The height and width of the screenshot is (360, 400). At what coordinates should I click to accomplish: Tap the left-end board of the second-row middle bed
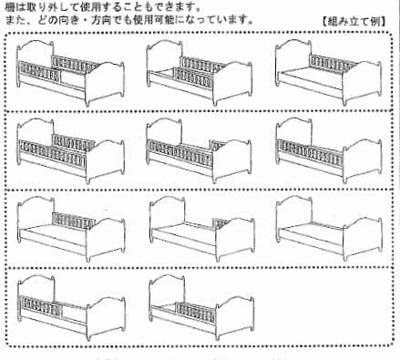click(x=156, y=146)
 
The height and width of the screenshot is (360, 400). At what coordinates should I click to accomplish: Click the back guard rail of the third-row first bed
click(x=71, y=220)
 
